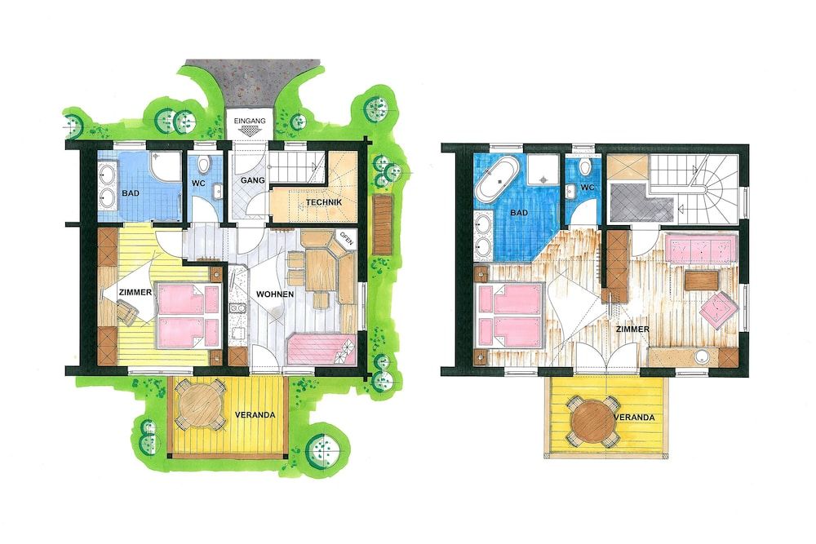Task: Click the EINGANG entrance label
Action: [250, 121]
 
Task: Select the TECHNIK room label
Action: [324, 202]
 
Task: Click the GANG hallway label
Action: [252, 180]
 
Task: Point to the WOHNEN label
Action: [275, 294]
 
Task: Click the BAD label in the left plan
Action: [131, 193]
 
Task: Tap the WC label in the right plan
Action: [588, 188]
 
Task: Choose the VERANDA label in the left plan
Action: [255, 415]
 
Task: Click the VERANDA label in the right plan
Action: [634, 418]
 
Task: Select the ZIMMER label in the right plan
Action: [632, 329]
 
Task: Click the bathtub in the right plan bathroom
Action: [498, 181]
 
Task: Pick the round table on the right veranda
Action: [592, 421]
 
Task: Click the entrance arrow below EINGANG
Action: [250, 132]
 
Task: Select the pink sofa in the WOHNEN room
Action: [321, 350]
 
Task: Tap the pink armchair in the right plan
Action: [719, 310]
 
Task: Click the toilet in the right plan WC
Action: [586, 168]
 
